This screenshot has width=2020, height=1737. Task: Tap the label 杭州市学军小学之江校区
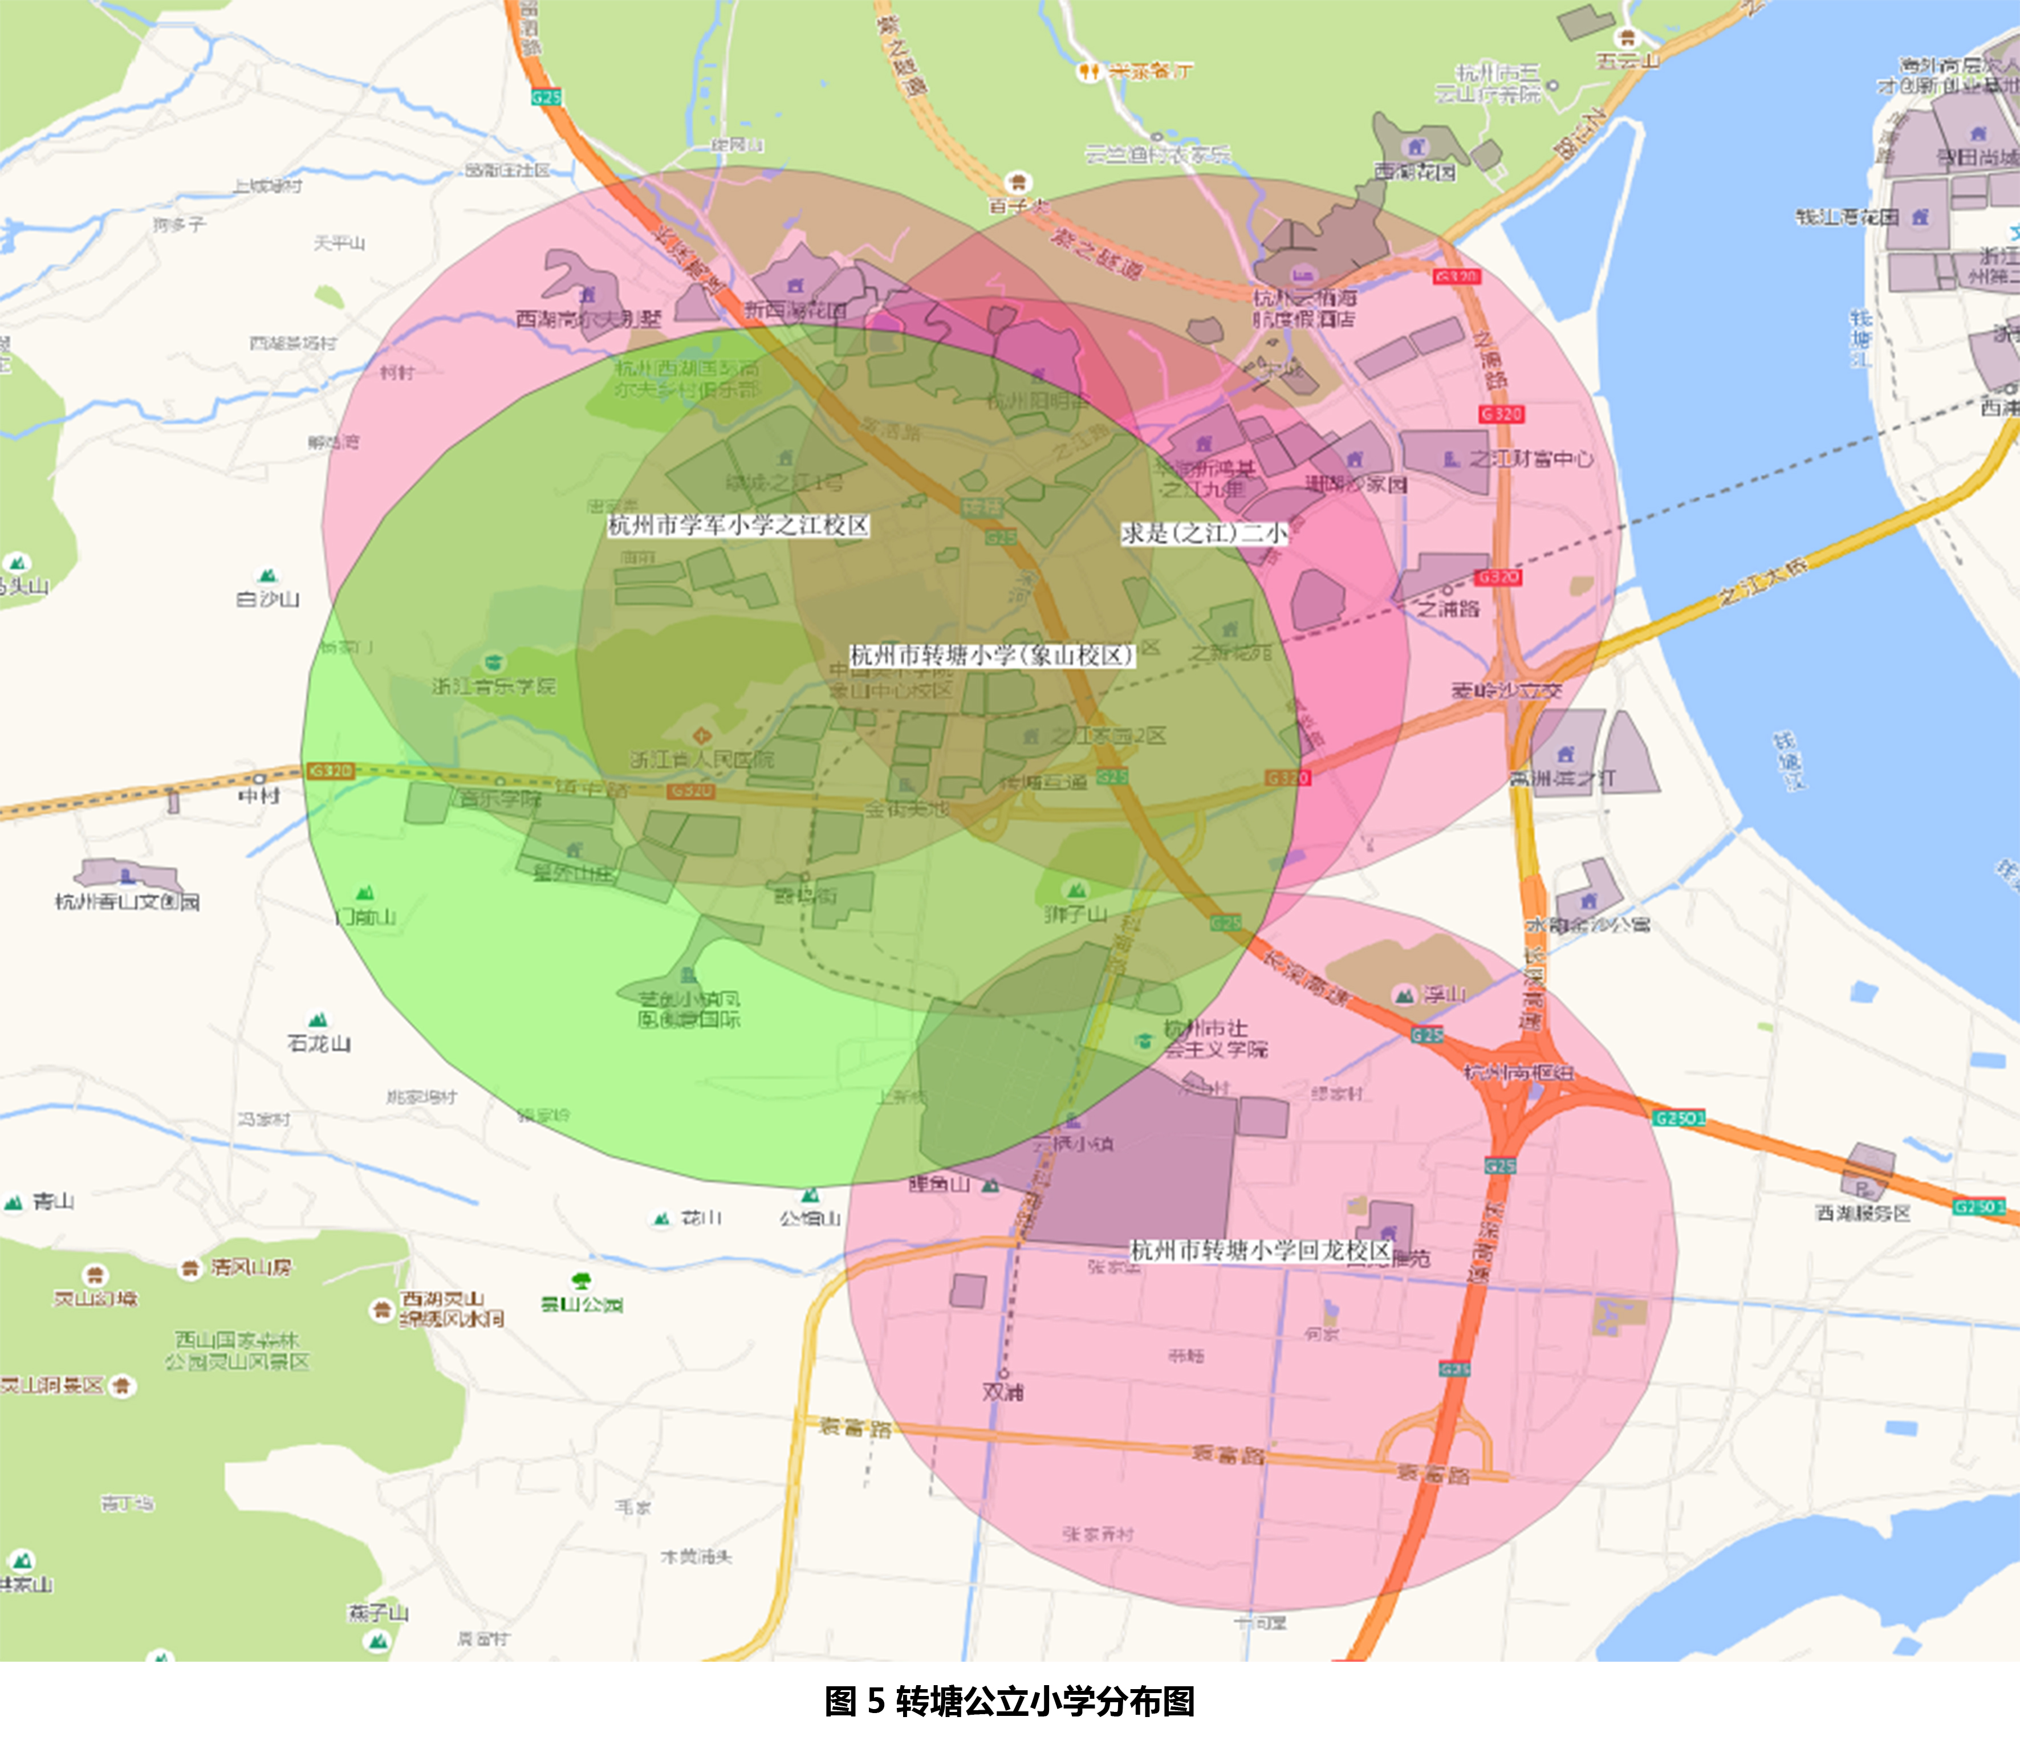[738, 526]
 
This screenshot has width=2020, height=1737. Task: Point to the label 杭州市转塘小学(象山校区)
[991, 655]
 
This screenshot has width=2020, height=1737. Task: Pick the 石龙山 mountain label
[319, 1043]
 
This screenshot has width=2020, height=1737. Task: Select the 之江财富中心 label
[1531, 458]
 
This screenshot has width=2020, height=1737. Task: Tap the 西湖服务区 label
[1862, 1213]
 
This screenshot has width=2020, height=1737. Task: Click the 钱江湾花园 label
[1847, 217]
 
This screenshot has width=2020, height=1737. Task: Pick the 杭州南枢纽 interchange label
[1519, 1072]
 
